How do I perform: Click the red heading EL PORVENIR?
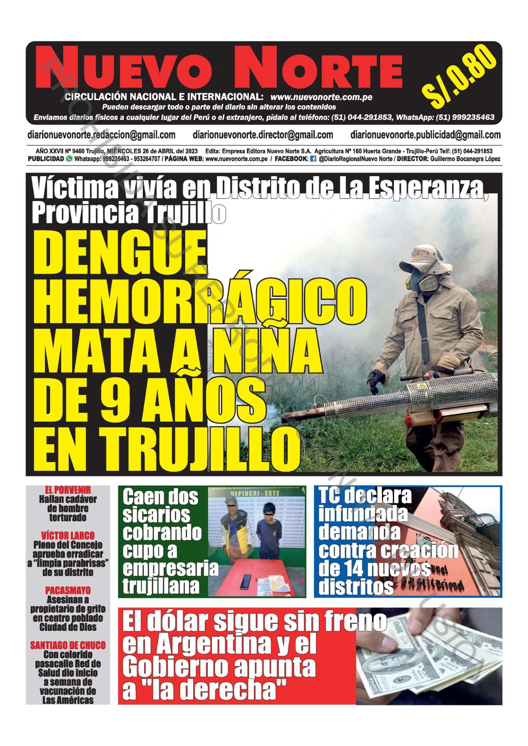(x=68, y=490)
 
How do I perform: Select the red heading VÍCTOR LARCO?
(x=68, y=536)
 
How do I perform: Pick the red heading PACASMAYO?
(x=68, y=591)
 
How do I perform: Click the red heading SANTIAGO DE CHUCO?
(x=68, y=645)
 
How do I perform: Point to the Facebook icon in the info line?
(x=313, y=159)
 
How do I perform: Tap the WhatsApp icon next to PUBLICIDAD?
(x=69, y=159)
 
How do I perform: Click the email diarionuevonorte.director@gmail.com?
(x=263, y=135)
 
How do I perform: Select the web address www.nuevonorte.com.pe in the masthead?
(x=321, y=97)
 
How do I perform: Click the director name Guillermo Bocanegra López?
(x=465, y=159)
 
